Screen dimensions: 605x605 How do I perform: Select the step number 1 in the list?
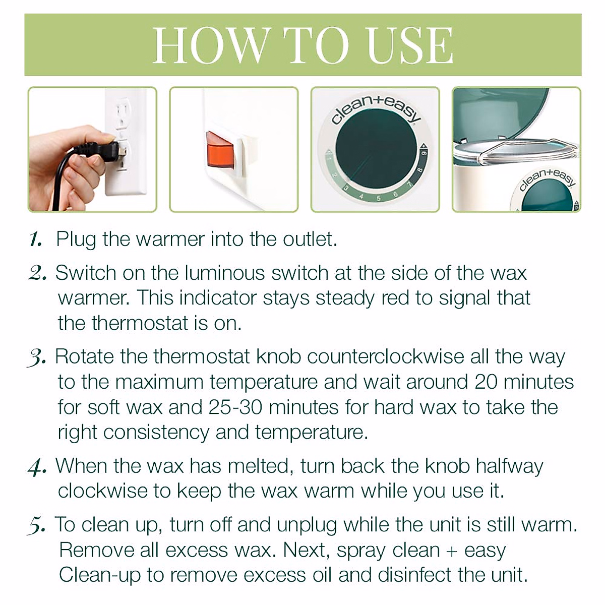(x=36, y=239)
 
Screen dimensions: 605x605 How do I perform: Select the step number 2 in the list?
(x=37, y=273)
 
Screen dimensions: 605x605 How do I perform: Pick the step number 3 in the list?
(x=37, y=357)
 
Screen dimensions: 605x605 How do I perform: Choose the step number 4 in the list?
(x=37, y=466)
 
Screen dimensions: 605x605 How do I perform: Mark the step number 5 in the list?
(x=37, y=525)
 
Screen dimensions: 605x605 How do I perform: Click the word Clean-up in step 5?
(x=100, y=575)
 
